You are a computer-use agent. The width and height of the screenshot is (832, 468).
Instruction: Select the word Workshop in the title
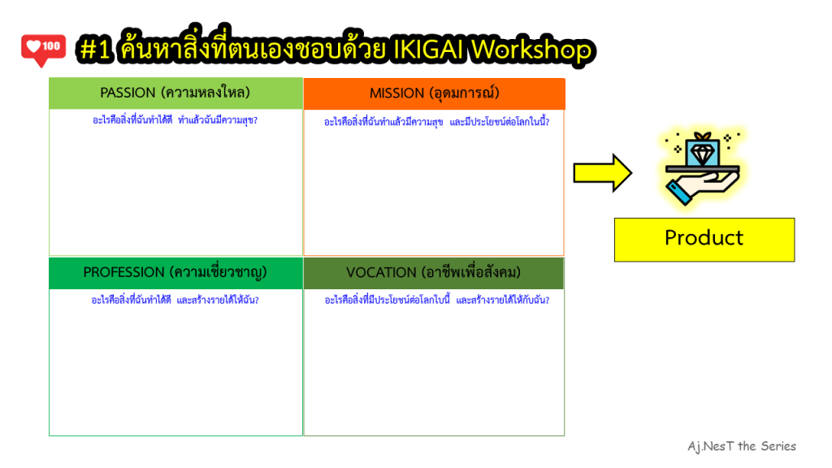pos(531,50)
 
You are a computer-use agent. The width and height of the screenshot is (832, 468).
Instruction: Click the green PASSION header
pos(175,93)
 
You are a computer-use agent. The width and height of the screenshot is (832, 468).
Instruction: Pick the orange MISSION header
pos(434,94)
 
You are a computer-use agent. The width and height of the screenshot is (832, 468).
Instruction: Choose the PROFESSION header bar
pos(175,273)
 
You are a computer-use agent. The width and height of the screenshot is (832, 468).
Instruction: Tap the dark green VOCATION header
pos(434,273)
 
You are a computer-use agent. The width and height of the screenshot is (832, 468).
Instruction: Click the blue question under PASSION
pos(175,120)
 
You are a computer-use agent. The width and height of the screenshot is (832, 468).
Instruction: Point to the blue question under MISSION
pos(436,122)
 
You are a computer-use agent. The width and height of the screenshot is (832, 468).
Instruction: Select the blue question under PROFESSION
pos(175,301)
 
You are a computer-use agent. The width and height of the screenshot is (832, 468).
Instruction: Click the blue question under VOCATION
pos(436,301)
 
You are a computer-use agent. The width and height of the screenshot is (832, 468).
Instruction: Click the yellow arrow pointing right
pos(603,173)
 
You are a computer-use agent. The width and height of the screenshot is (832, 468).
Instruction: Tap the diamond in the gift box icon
pos(703,154)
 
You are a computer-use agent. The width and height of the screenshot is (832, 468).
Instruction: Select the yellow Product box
pos(704,240)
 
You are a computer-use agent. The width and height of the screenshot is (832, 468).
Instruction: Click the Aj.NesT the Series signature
pos(742,446)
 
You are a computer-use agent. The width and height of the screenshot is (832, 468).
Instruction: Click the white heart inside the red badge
pos(34,46)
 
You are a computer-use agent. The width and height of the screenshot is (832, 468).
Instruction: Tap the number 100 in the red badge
pos(51,46)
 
